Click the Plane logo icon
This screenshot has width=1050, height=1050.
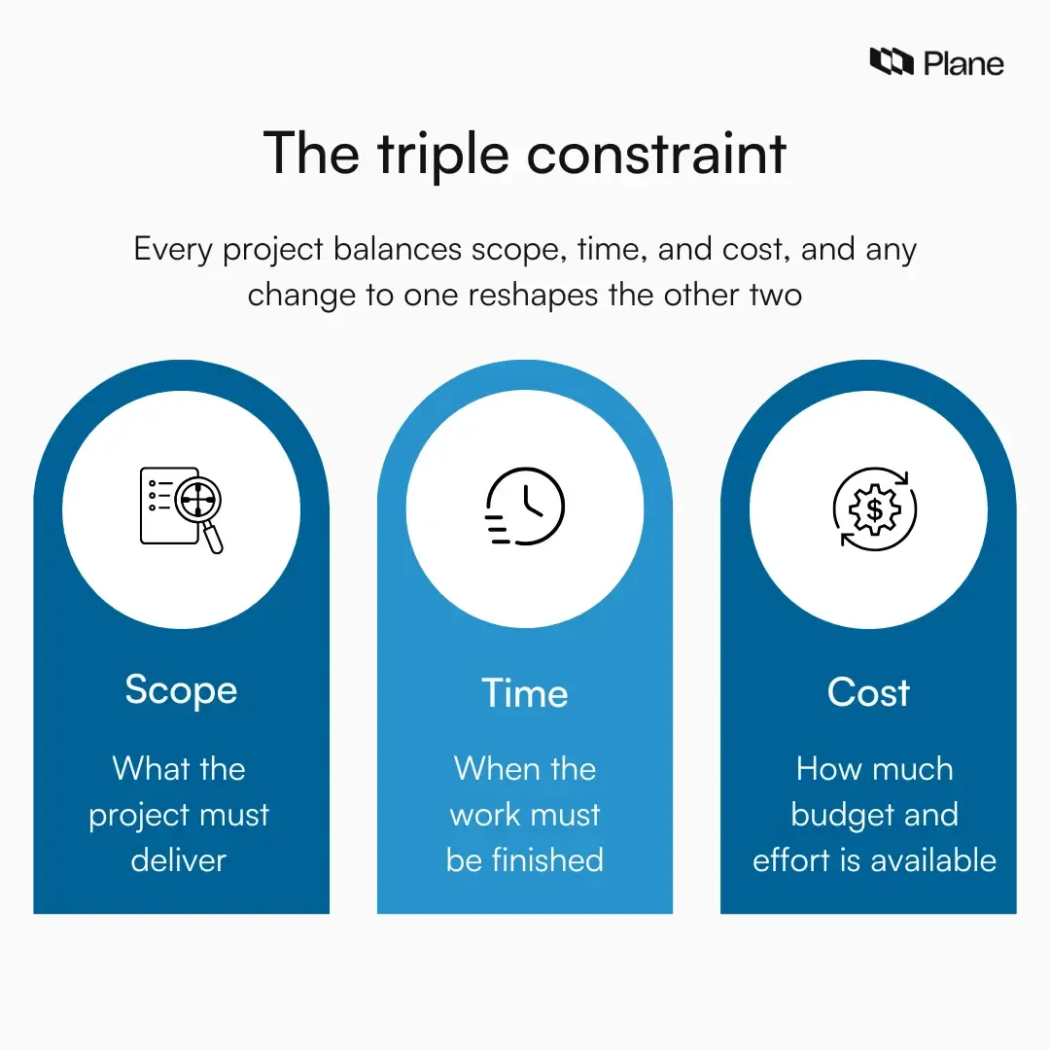[x=891, y=63]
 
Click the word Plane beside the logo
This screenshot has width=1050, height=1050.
[x=963, y=64]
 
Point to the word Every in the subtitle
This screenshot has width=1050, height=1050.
[x=174, y=250]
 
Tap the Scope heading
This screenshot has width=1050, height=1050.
[x=181, y=689]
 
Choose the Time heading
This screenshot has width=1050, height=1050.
[x=524, y=693]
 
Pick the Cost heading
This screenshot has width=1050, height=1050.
[x=868, y=692]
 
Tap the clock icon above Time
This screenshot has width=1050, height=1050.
[x=526, y=506]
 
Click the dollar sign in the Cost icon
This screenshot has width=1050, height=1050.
[x=875, y=508]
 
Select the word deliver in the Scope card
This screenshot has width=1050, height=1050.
[x=179, y=859]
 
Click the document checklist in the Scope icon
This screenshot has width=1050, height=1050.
[x=158, y=506]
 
